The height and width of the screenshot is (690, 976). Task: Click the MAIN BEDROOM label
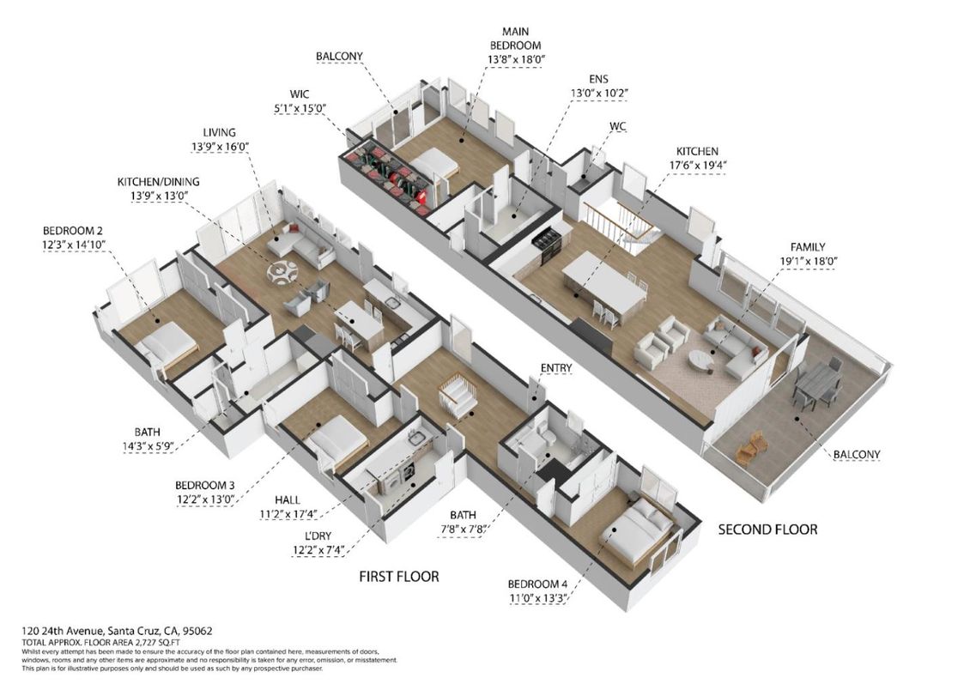coord(515,38)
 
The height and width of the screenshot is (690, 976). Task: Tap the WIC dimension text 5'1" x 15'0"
coord(300,108)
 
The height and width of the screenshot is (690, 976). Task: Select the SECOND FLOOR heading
coord(767,530)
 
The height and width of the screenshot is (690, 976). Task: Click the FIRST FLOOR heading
coord(399,577)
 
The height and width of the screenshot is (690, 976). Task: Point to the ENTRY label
coord(556,368)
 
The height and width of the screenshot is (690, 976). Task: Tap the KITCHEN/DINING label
coord(159,182)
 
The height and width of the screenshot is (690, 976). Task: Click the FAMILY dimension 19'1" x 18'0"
coord(807,261)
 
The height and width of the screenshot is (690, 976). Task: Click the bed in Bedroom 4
coord(636,528)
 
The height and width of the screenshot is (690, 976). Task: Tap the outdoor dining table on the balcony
coord(816,383)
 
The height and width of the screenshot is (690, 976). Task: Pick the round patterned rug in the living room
coord(284,272)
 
